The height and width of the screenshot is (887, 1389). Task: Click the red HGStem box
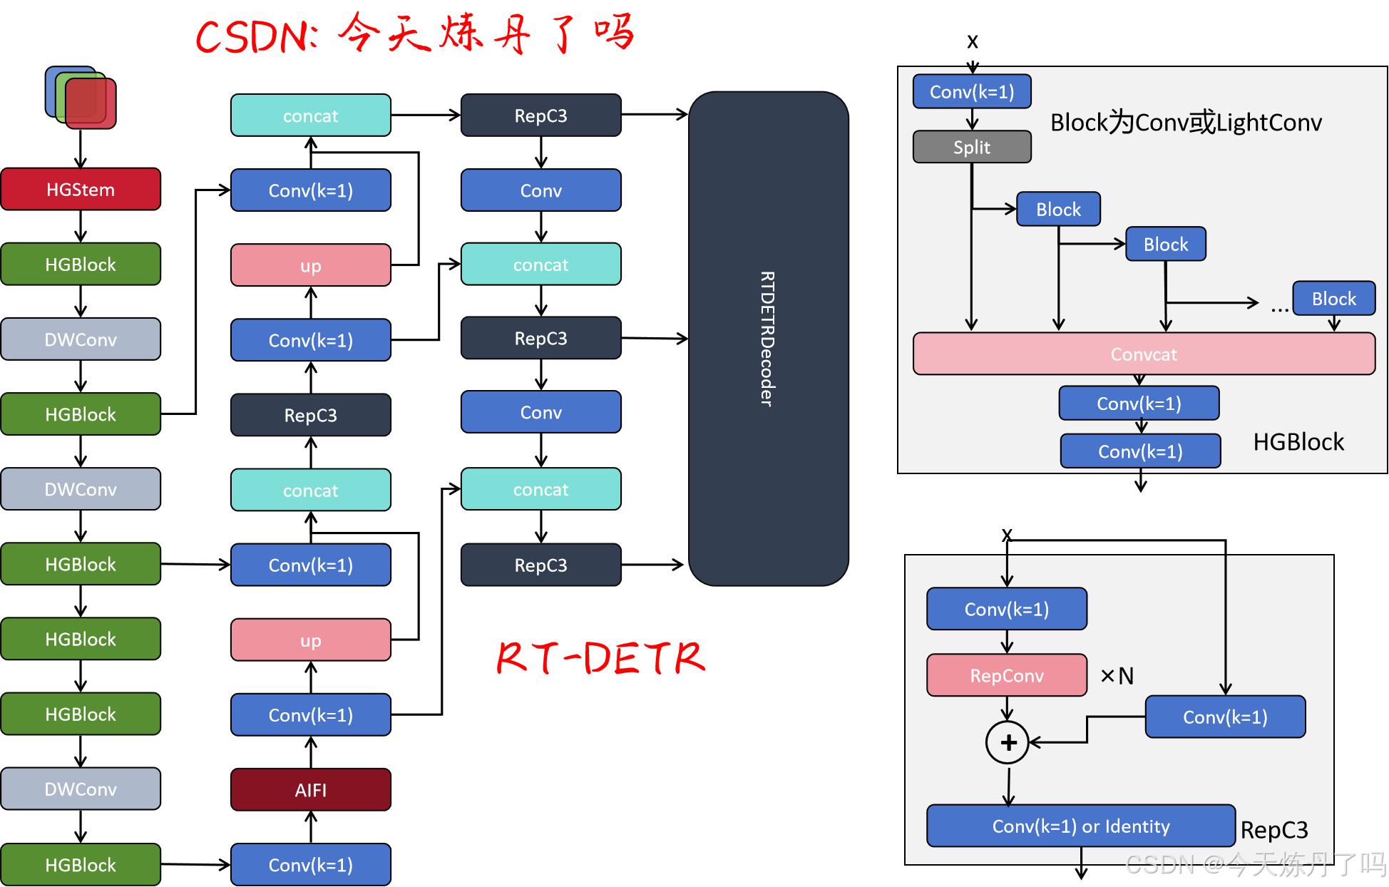(x=81, y=189)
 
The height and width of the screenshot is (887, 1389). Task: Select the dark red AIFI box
(x=311, y=789)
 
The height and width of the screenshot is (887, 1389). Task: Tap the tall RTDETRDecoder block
(x=768, y=339)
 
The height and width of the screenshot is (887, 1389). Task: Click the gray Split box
(x=972, y=147)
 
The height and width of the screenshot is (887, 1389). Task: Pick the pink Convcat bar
(x=1144, y=354)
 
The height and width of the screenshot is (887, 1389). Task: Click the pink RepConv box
(x=1007, y=675)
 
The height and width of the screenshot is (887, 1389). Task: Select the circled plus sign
(x=1008, y=742)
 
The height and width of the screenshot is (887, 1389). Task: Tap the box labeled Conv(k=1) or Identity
(x=1080, y=826)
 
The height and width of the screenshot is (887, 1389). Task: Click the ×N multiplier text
(x=1117, y=675)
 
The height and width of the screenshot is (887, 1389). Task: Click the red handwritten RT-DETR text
(x=600, y=657)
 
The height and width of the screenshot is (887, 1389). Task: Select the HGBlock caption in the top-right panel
(x=1298, y=442)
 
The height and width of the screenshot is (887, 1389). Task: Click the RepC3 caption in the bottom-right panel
(x=1274, y=830)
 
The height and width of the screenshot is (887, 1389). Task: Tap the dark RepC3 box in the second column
(x=311, y=415)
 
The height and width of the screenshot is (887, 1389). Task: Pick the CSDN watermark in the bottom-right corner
(x=1254, y=864)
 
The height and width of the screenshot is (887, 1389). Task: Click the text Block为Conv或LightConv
(x=1186, y=123)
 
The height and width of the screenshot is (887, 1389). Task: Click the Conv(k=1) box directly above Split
(x=972, y=91)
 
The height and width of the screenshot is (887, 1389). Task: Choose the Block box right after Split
(x=1058, y=209)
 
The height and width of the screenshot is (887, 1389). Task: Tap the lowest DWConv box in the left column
(x=81, y=789)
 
